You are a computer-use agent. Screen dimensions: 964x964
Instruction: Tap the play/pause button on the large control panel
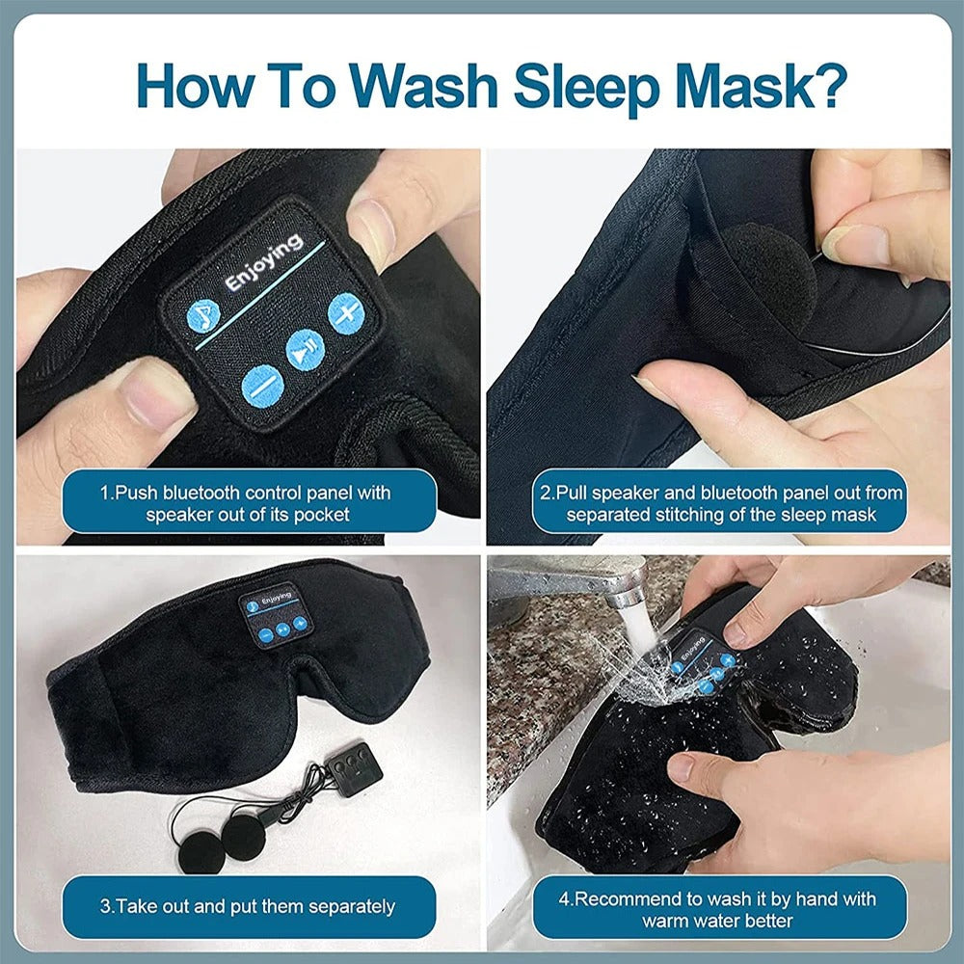[305, 345]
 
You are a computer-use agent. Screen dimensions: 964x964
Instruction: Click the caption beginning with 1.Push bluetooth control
[247, 503]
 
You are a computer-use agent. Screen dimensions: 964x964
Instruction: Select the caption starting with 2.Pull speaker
[721, 503]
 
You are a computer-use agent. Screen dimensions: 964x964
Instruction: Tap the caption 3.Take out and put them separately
[247, 906]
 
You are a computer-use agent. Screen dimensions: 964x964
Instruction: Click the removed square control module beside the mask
[354, 765]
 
